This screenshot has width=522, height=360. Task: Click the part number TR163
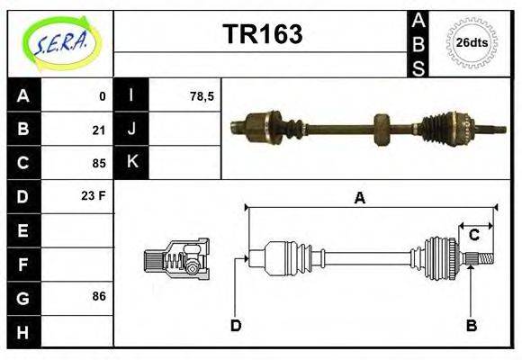pos(262,34)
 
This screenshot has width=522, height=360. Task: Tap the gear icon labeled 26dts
pos(471,42)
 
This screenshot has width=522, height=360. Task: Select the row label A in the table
pos(23,96)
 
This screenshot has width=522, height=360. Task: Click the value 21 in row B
pos(98,130)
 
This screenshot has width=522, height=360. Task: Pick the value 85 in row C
pos(98,164)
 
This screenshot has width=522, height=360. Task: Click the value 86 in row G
pos(98,295)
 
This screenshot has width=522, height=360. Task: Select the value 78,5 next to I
pos(202,96)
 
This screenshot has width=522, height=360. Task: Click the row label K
pos(132,163)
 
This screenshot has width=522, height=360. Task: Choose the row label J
pos(132,130)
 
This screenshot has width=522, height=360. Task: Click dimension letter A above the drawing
pos(360,198)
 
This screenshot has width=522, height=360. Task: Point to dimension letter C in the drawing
pos(473,236)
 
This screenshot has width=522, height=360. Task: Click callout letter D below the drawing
pos(236,325)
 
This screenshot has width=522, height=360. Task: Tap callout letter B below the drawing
pos(471,325)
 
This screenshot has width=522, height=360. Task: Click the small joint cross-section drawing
pos(175,259)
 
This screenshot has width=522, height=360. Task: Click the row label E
pos(23,230)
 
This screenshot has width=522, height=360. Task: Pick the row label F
pos(23,263)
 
